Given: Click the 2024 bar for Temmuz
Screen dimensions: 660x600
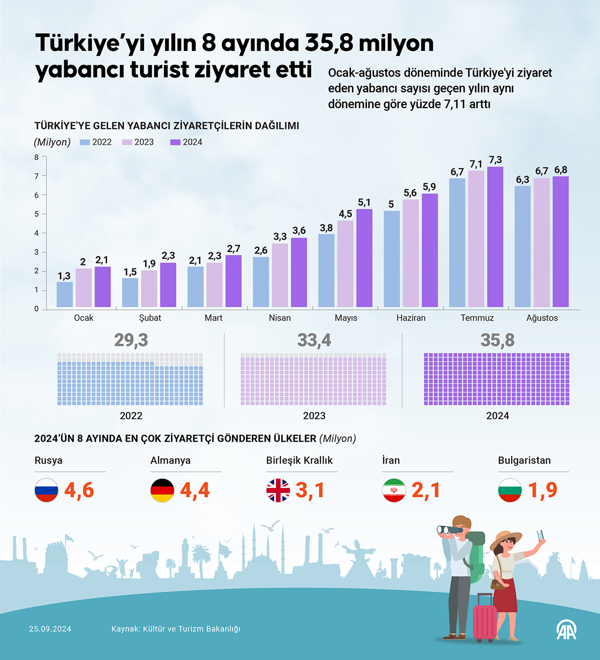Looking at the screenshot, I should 495,237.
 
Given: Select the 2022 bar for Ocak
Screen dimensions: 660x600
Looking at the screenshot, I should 65,294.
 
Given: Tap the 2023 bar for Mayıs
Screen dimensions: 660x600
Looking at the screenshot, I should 345,263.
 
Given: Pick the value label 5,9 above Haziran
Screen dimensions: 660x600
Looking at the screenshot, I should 429,187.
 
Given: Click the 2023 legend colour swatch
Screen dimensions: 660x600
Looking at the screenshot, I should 127,142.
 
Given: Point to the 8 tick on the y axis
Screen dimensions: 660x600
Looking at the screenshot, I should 36,157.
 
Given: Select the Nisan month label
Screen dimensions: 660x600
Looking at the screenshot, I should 280,318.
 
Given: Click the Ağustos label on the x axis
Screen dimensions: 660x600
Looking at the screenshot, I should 542,318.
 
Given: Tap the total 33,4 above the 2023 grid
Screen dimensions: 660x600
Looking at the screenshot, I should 314,340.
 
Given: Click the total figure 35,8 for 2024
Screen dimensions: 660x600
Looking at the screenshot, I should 497,340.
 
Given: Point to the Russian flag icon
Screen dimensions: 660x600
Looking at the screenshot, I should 47,490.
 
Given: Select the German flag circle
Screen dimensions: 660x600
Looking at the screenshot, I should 162,490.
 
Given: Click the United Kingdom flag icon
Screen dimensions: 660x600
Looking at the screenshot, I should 278,490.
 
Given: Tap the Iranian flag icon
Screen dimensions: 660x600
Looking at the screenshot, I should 394,490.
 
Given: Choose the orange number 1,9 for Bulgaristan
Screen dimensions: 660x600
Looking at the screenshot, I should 543,490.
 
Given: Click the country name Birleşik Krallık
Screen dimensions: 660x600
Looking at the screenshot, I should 299,460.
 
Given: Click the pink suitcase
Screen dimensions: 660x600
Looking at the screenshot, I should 485,618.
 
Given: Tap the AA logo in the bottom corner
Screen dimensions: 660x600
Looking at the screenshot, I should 566,629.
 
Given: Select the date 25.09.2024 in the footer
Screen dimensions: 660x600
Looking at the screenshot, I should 50,629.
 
